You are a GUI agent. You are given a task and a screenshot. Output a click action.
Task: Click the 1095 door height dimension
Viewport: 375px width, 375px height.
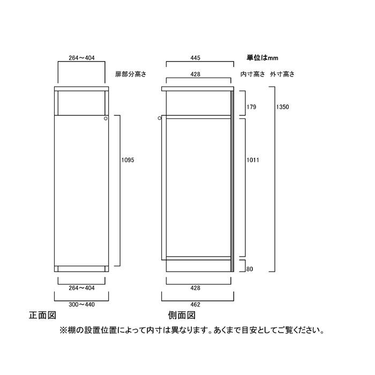tap(127, 160)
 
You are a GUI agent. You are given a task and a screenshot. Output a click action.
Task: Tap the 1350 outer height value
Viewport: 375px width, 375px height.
tap(282, 107)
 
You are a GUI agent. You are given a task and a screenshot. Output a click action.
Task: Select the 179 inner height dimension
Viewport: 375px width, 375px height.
tap(251, 107)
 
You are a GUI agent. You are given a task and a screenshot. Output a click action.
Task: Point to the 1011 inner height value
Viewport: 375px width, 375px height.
tap(253, 160)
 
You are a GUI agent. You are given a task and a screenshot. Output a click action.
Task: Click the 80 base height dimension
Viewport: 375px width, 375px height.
tap(250, 269)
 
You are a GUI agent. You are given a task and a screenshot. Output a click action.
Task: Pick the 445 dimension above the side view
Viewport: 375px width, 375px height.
tap(196, 58)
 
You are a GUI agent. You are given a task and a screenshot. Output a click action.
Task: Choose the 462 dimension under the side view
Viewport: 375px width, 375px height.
tap(196, 305)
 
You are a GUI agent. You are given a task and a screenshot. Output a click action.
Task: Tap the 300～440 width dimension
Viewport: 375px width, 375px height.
tap(81, 305)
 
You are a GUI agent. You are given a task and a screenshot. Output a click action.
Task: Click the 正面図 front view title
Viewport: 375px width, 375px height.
tap(42, 315)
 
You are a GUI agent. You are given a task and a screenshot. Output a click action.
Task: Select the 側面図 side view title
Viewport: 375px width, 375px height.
tap(182, 315)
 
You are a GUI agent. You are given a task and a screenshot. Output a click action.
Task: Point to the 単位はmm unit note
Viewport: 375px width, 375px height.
tap(262, 58)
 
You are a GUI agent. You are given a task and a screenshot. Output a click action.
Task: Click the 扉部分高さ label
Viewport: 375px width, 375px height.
tap(131, 74)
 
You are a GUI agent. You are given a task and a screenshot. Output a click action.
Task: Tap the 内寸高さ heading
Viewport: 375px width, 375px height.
tap(253, 74)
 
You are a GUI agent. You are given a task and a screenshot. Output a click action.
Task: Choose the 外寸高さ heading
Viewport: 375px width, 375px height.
tap(282, 74)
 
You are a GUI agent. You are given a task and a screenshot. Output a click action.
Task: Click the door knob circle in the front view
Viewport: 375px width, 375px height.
tap(106, 118)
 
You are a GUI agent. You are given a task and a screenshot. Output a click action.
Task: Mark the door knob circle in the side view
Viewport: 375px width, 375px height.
tap(160, 118)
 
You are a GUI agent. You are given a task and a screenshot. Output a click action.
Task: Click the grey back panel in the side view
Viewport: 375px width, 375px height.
tap(232, 181)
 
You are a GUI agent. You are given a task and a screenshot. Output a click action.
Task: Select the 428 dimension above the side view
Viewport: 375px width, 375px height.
tap(196, 74)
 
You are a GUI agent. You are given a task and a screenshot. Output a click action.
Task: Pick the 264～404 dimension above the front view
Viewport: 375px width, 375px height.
tap(81, 58)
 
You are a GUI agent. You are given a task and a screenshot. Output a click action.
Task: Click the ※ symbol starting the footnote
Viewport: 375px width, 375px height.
tap(63, 331)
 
